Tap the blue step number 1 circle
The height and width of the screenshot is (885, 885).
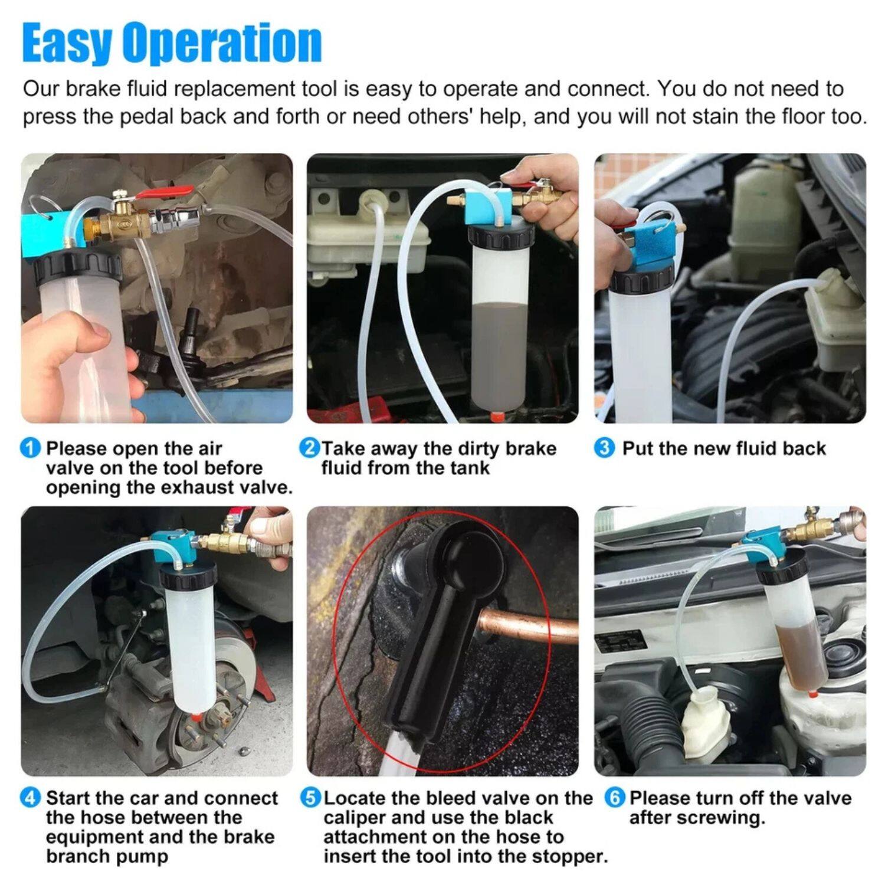31,448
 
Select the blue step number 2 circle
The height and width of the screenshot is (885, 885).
309,448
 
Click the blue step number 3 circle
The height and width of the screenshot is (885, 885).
604,448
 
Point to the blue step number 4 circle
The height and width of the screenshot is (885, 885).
31,798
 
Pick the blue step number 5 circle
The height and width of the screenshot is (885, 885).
310,798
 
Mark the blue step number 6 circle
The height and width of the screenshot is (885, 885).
614,798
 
